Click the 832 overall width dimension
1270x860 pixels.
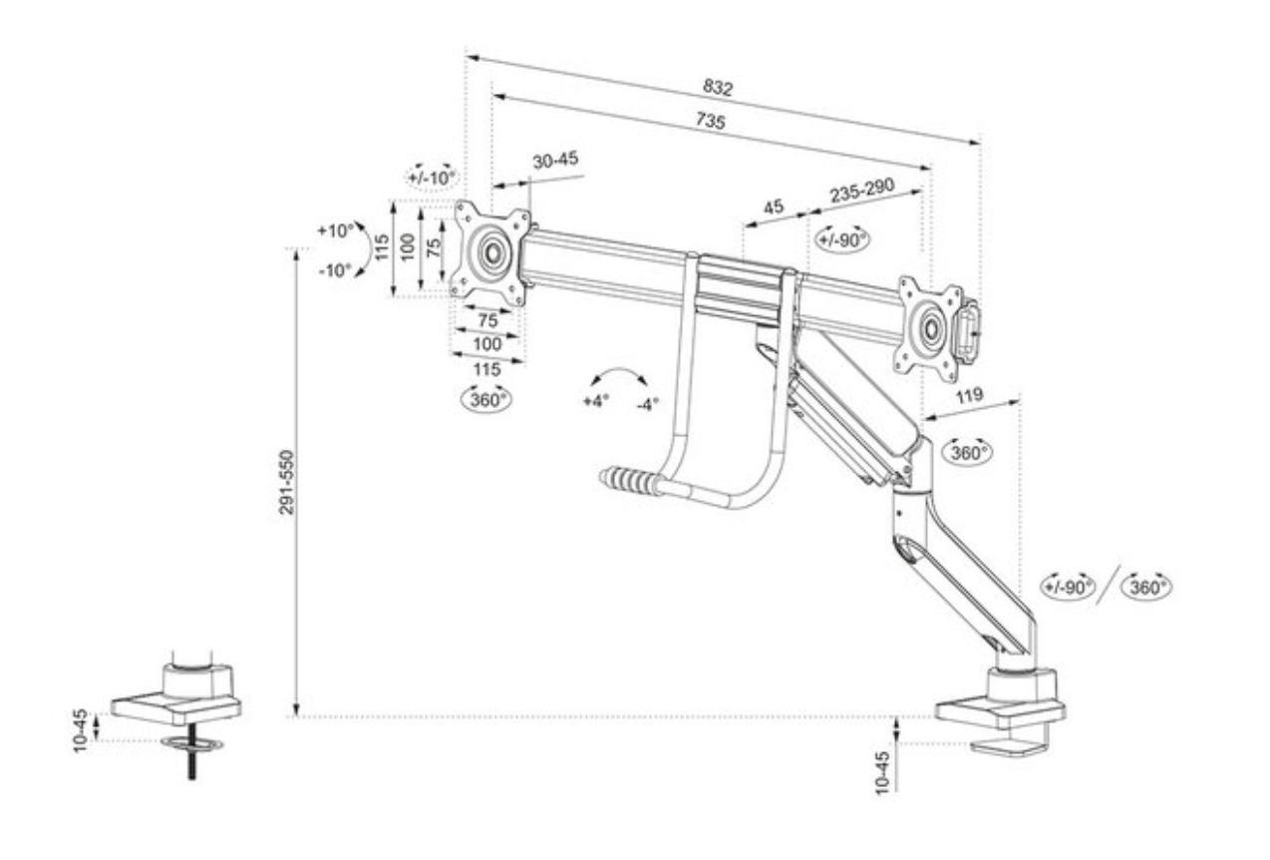[x=718, y=88]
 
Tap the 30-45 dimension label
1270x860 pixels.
[x=555, y=161]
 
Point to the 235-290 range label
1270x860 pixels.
[x=863, y=192]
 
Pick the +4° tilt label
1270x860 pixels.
[x=594, y=403]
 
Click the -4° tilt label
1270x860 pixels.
[x=648, y=405]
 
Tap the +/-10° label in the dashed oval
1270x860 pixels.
[x=431, y=177]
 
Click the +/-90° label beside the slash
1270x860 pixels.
[x=1068, y=587]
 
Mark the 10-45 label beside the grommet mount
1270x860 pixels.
[x=82, y=731]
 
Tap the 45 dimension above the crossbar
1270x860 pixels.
[x=773, y=208]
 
